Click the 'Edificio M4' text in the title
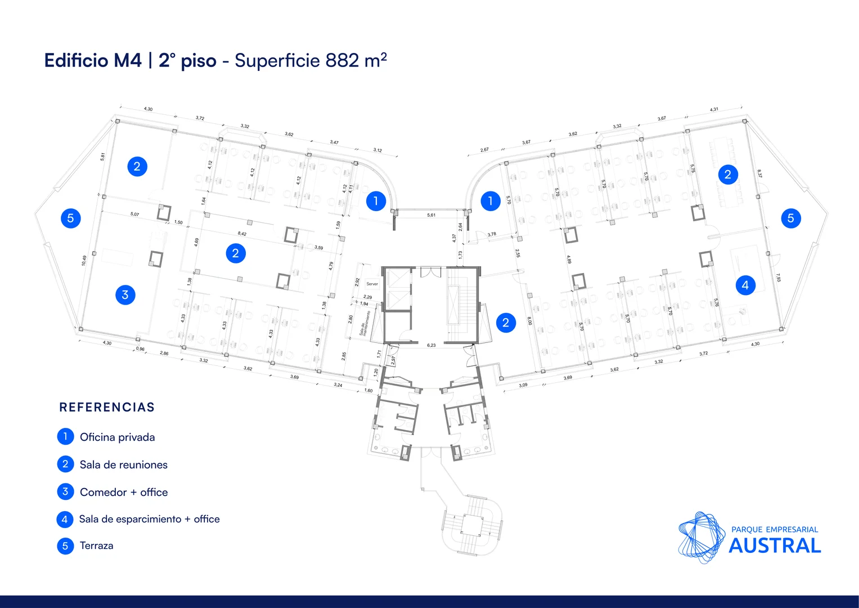93,60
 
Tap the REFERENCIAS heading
107,407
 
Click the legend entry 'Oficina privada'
117,437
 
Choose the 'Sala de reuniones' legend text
123,464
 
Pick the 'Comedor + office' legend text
124,492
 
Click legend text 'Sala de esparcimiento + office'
149,519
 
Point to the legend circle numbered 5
65,546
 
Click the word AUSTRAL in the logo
775,546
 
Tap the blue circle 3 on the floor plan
125,294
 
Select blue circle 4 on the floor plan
745,285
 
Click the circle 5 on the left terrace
70,218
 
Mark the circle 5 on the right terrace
790,218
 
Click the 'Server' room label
372,284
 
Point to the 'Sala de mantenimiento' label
365,323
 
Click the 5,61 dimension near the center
431,215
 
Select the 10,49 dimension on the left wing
84,260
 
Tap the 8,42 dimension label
242,234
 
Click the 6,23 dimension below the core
431,345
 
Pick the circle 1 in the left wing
376,200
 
